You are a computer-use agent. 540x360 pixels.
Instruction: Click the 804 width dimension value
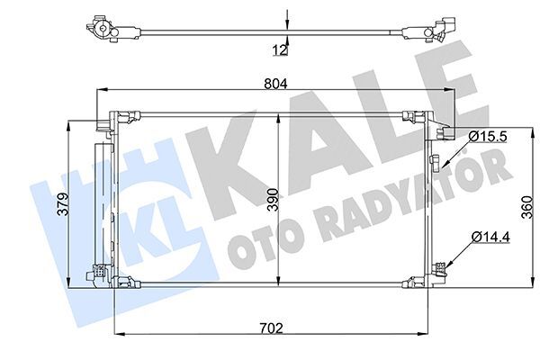275,84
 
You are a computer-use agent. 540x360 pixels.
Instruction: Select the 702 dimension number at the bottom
271,328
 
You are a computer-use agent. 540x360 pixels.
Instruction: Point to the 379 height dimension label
63,204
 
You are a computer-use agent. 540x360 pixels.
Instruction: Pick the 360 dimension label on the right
527,207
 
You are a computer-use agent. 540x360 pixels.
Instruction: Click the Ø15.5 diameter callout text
487,137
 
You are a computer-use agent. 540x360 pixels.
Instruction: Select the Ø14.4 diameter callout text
490,237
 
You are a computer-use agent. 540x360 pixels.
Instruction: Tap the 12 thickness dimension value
280,50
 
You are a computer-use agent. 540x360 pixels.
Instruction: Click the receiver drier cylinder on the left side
103,204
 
